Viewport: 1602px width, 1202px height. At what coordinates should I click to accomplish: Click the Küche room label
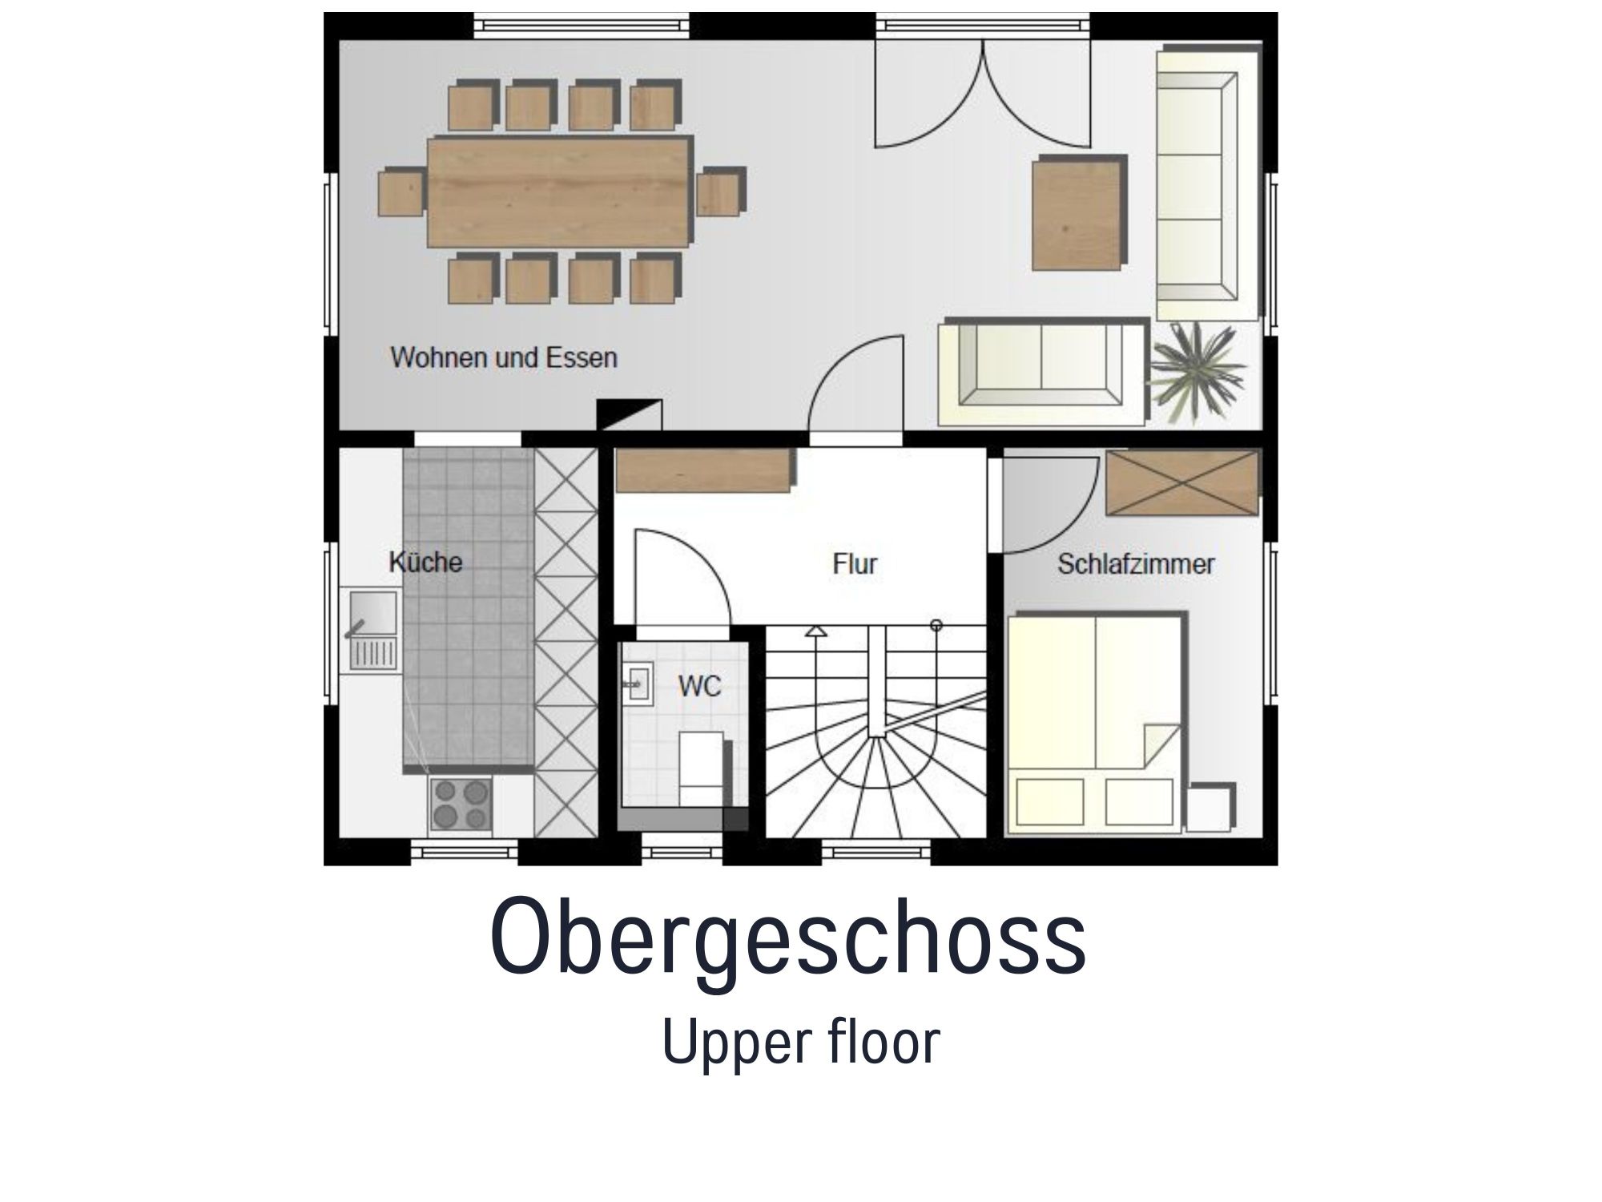pyautogui.click(x=425, y=562)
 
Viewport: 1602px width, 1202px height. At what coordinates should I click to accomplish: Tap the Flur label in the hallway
pyautogui.click(x=855, y=563)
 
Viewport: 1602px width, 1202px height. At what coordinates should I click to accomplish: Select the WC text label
pyautogui.click(x=699, y=686)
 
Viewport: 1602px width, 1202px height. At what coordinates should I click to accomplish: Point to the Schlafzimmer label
pyautogui.click(x=1136, y=563)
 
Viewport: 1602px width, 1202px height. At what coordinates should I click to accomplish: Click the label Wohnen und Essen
pyautogui.click(x=504, y=357)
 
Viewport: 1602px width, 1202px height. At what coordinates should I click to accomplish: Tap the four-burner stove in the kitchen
pyautogui.click(x=461, y=805)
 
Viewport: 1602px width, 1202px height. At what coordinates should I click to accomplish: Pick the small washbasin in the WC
pyautogui.click(x=638, y=683)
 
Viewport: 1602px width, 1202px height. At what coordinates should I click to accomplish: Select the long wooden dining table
pyautogui.click(x=558, y=192)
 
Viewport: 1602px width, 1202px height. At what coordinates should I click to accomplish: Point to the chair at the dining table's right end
pyautogui.click(x=719, y=192)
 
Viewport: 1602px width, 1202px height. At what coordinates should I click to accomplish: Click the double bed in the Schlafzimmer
pyautogui.click(x=1094, y=720)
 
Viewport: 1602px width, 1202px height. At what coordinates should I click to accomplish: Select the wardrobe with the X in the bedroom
pyautogui.click(x=1182, y=482)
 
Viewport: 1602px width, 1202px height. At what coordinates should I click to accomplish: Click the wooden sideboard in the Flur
pyautogui.click(x=703, y=470)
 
